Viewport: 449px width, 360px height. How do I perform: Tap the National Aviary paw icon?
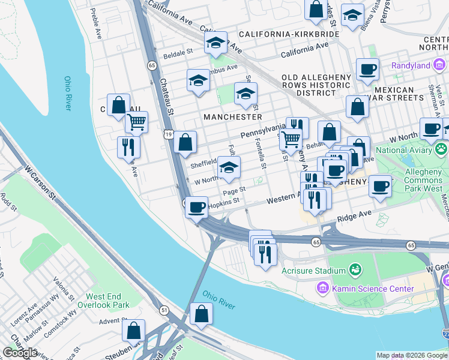441,148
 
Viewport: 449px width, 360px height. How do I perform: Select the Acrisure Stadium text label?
313,270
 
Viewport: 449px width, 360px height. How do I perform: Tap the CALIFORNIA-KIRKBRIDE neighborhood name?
288,34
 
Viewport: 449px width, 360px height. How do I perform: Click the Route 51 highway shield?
164,310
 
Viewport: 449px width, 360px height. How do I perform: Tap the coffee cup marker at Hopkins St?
196,208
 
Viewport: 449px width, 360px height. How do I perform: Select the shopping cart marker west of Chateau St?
137,122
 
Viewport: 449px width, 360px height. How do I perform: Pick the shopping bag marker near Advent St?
133,330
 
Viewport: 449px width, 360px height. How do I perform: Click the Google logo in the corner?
19,353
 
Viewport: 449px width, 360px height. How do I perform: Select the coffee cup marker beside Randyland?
367,69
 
